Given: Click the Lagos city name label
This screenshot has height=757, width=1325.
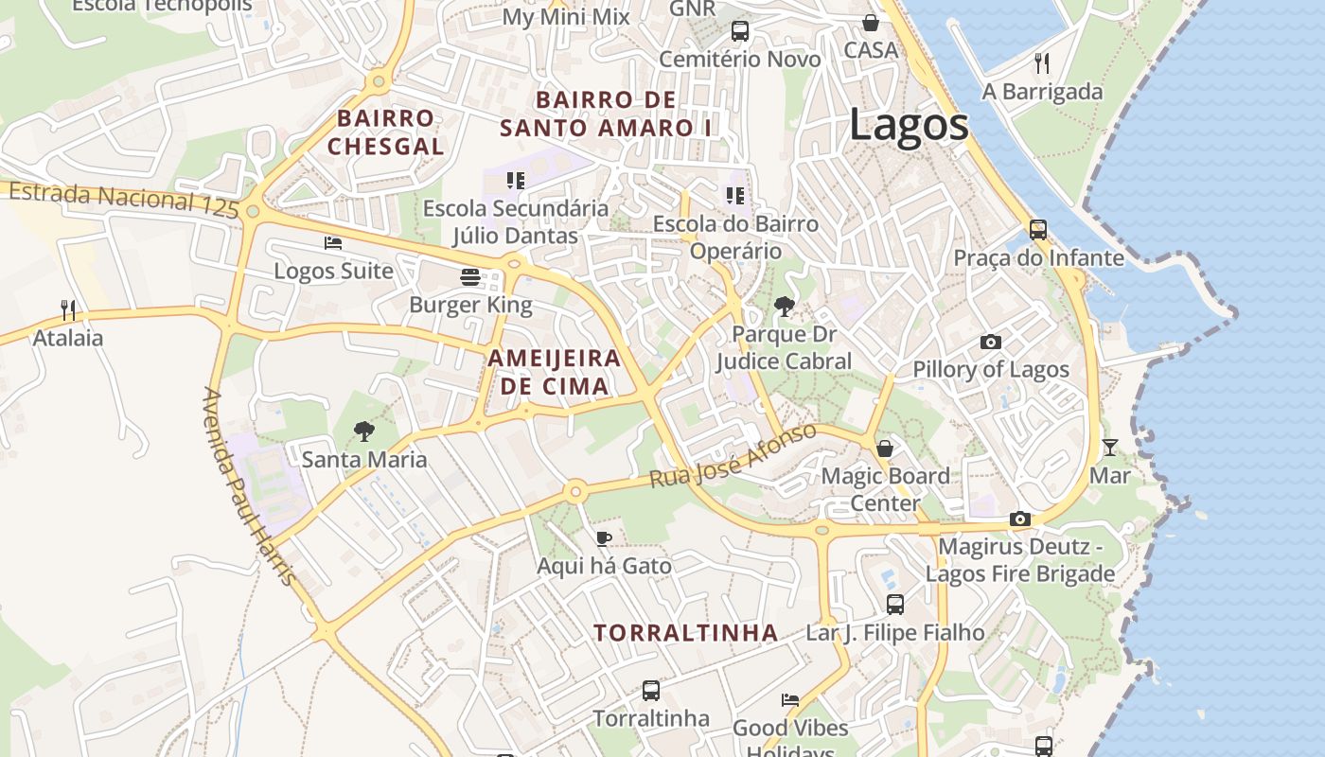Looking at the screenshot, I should pyautogui.click(x=909, y=125).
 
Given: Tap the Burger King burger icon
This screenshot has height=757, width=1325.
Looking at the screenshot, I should pyautogui.click(x=470, y=277).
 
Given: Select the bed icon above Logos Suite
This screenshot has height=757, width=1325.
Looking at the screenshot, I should pyautogui.click(x=333, y=243).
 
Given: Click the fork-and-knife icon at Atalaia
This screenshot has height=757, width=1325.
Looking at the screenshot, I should pyautogui.click(x=68, y=309).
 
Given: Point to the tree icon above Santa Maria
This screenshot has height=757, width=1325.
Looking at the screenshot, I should pyautogui.click(x=363, y=431).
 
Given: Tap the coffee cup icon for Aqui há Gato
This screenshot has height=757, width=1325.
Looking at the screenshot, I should pyautogui.click(x=604, y=538).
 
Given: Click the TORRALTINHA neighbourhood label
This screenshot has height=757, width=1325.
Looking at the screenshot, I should pyautogui.click(x=686, y=633).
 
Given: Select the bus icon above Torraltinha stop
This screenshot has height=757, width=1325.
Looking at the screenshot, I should pyautogui.click(x=651, y=691).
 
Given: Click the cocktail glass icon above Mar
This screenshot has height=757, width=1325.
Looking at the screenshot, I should pyautogui.click(x=1110, y=447).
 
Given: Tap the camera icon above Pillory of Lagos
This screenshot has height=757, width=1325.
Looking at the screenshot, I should pyautogui.click(x=991, y=342).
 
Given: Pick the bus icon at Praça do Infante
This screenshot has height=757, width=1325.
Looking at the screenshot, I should pyautogui.click(x=1038, y=229).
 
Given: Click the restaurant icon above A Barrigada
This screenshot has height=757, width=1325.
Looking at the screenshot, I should pyautogui.click(x=1042, y=63).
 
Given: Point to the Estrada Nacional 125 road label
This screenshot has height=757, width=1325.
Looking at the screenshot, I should pyautogui.click(x=124, y=201).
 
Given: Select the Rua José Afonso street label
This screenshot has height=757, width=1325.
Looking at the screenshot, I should pyautogui.click(x=733, y=456).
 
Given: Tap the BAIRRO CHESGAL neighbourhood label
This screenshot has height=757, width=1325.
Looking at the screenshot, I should pyautogui.click(x=385, y=132).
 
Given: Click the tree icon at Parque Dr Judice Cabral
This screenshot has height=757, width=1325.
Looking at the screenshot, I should pyautogui.click(x=784, y=306).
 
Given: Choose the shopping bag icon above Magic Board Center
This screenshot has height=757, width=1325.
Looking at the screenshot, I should pyautogui.click(x=885, y=448).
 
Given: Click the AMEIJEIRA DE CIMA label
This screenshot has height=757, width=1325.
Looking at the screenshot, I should pyautogui.click(x=555, y=372).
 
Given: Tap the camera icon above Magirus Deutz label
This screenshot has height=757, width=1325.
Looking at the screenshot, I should pyautogui.click(x=1019, y=519).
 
